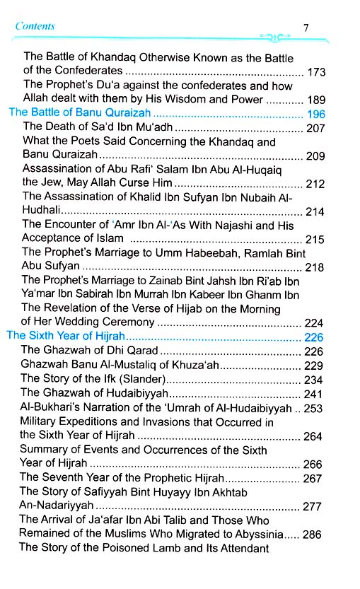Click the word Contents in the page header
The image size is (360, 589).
click(x=35, y=26)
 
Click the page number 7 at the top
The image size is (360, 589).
click(x=306, y=28)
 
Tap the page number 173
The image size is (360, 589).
click(x=316, y=72)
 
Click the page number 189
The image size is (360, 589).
click(x=316, y=100)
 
